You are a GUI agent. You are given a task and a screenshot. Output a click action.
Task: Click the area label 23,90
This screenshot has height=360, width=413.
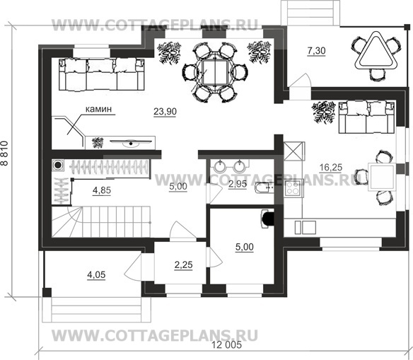click(x=165, y=112)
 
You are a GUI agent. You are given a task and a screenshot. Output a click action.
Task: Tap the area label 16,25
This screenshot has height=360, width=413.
click(x=331, y=167)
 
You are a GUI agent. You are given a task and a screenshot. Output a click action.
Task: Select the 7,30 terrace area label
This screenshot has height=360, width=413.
click(x=317, y=50)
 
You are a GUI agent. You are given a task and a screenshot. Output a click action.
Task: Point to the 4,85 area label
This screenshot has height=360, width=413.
click(x=102, y=190)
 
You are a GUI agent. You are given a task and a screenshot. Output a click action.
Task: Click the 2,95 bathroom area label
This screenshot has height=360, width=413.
click(x=238, y=184)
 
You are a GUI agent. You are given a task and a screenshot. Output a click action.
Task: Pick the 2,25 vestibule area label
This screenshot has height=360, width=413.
click(x=184, y=265)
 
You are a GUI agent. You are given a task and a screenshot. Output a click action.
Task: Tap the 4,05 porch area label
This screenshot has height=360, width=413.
click(x=96, y=275)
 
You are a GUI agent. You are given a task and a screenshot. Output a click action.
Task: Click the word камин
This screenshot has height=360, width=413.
click(x=98, y=109)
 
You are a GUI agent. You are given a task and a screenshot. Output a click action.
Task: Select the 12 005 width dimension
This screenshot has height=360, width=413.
click(x=226, y=344)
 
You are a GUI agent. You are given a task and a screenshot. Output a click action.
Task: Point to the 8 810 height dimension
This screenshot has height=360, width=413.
click(x=5, y=153)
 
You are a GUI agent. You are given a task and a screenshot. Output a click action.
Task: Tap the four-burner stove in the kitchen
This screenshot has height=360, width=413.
click(x=293, y=187)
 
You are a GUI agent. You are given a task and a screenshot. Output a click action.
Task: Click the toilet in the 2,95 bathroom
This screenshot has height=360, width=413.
click(x=264, y=188)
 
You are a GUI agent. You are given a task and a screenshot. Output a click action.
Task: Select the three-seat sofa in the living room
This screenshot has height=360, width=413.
click(x=102, y=75)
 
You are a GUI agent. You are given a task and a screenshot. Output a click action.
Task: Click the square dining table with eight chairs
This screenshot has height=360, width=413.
click(x=215, y=72)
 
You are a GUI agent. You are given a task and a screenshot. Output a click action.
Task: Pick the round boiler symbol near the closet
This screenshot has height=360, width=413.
click(x=58, y=166)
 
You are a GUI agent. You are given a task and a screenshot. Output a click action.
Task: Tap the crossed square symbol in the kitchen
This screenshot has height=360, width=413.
click(x=294, y=151)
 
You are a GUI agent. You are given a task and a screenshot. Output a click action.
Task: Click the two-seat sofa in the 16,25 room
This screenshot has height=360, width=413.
click(x=366, y=117)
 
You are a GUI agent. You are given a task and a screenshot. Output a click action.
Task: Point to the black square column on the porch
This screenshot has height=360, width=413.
click(x=47, y=292)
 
